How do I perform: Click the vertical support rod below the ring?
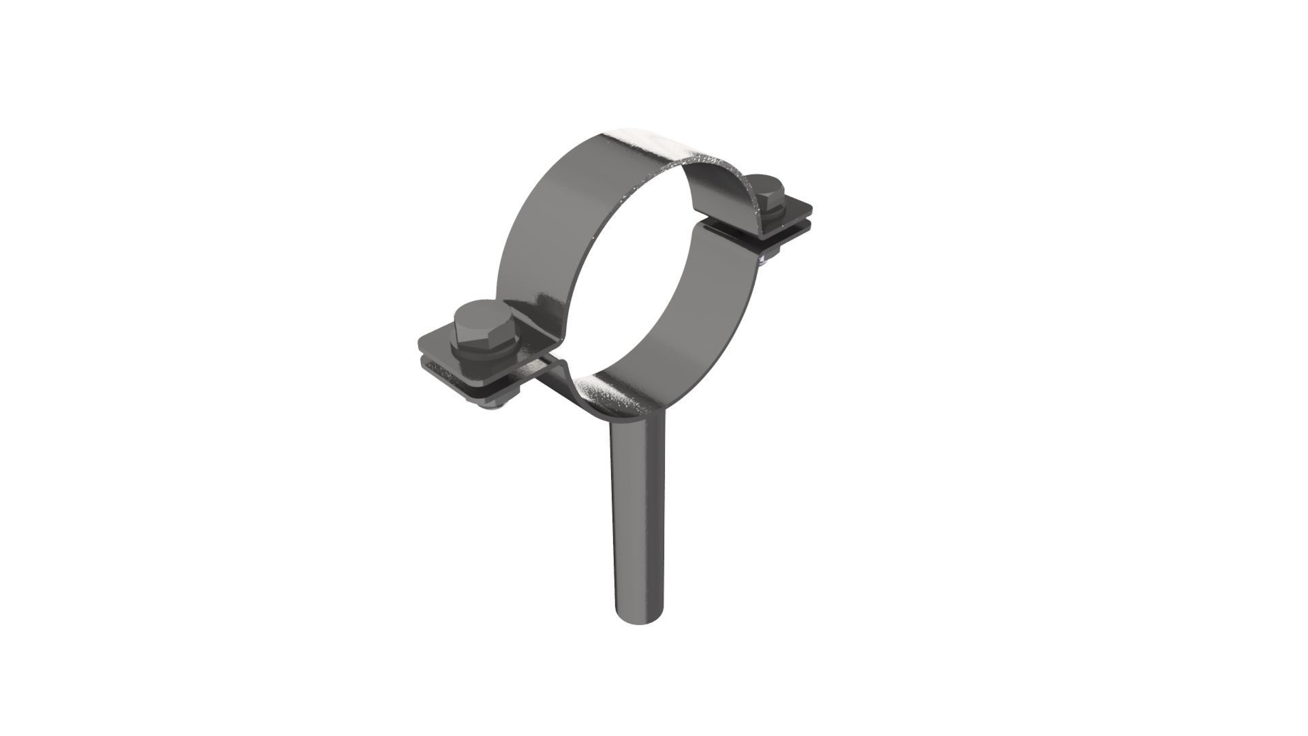[x=638, y=518]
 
